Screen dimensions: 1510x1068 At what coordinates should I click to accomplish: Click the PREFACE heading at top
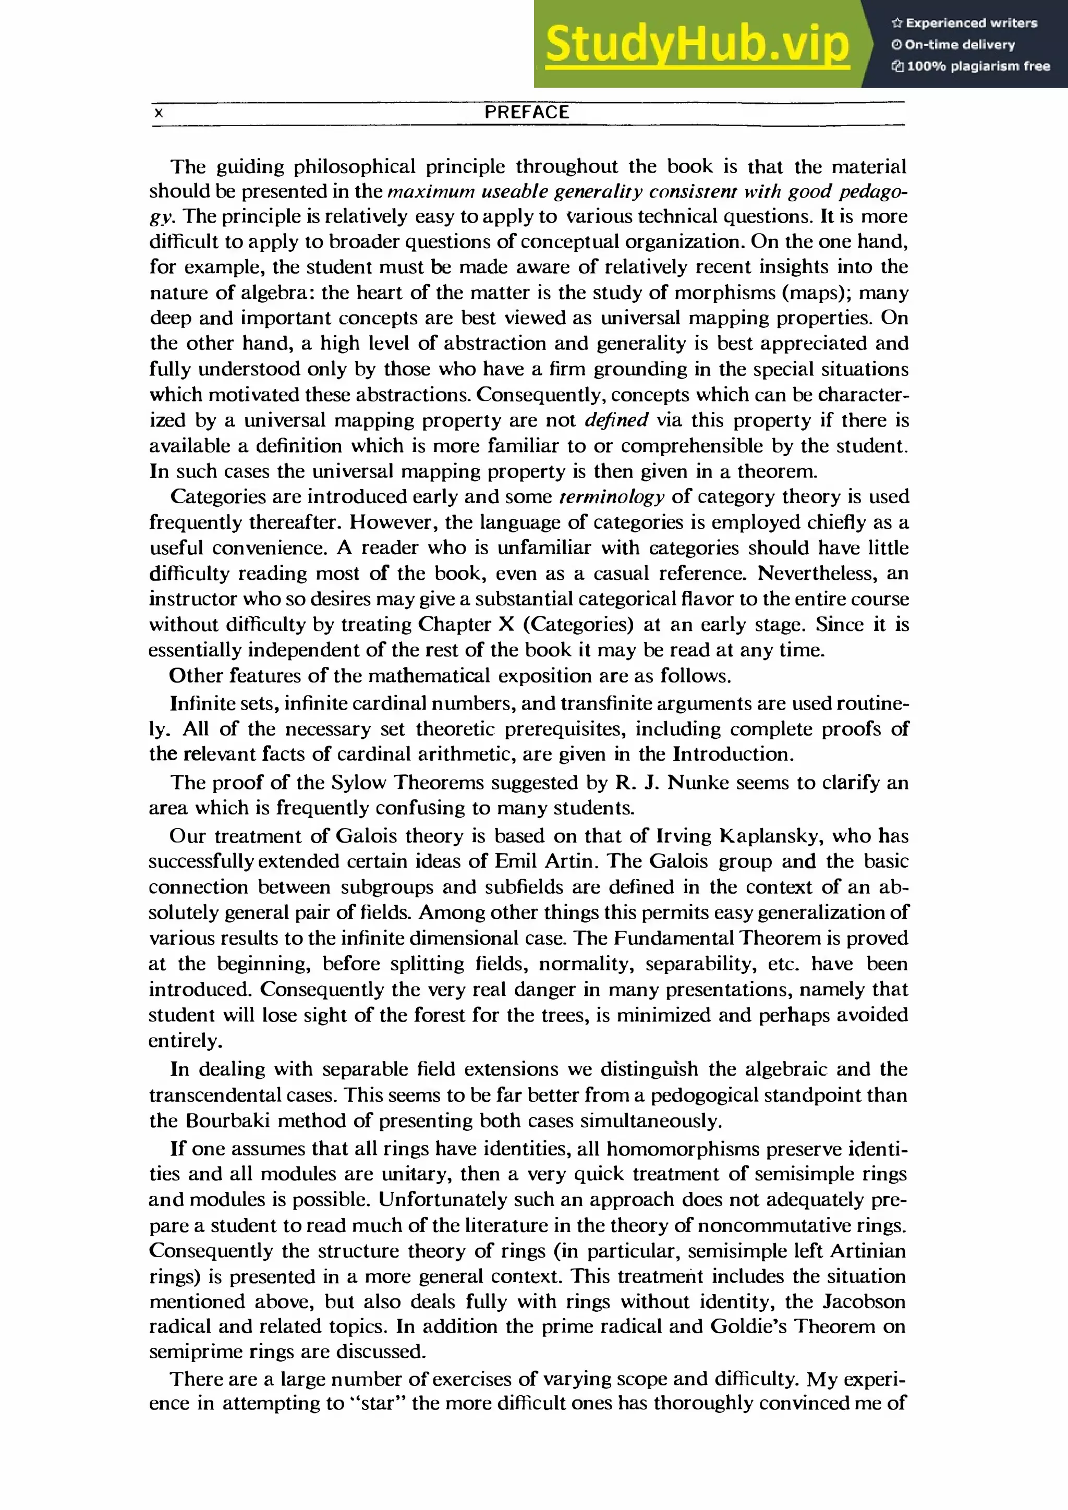[526, 113]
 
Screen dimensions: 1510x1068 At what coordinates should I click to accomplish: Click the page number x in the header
[159, 114]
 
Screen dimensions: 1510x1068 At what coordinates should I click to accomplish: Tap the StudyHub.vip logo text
[697, 45]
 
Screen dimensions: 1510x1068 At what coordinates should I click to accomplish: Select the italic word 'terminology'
[612, 496]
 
